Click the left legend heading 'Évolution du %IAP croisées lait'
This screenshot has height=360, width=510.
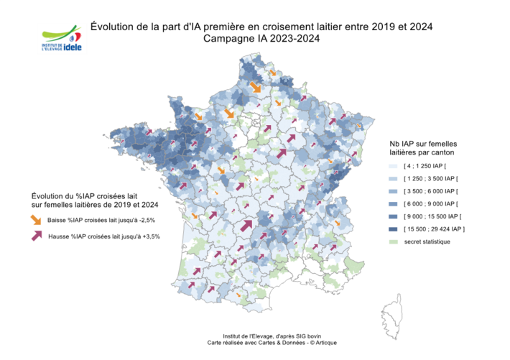click(x=85, y=196)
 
